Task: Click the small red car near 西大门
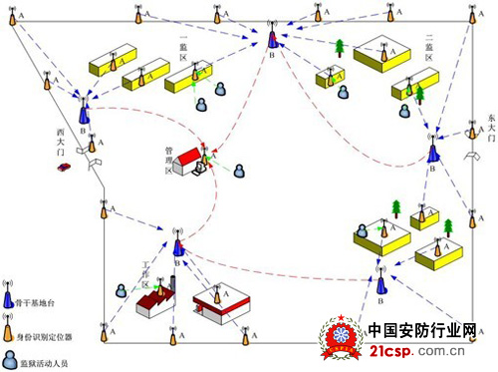click(63, 168)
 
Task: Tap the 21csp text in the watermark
click(392, 350)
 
